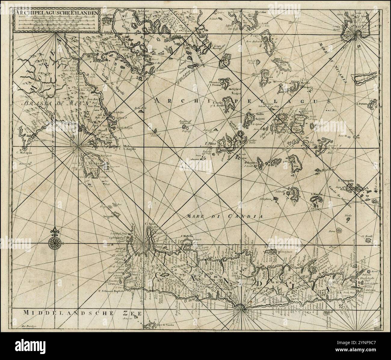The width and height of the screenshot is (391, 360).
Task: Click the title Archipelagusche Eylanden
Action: (56, 13)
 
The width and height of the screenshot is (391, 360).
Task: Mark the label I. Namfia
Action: (317, 194)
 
